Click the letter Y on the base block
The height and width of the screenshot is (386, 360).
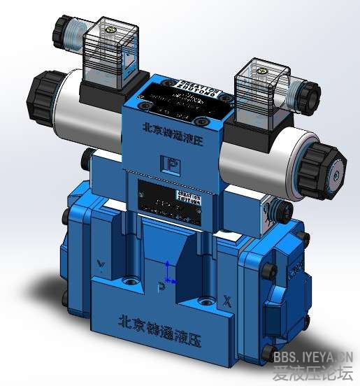click(102, 264)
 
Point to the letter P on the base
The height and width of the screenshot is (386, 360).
click(161, 286)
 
